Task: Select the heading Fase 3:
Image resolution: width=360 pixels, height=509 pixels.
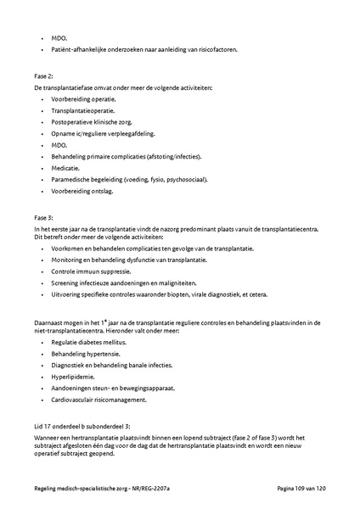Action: click(43, 217)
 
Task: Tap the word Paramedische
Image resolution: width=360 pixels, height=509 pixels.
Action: click(73, 179)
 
